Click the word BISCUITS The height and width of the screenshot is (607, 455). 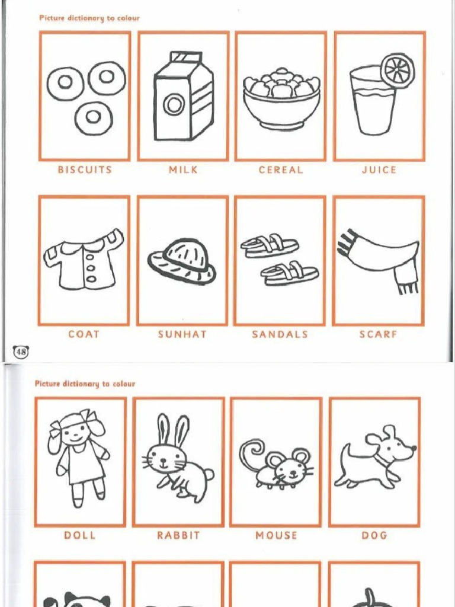pos(85,170)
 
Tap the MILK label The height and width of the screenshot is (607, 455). pos(183,170)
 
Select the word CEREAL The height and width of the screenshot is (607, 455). pos(281,170)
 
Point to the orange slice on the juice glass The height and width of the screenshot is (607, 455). pos(398,71)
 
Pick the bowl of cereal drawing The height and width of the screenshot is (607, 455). pos(281,100)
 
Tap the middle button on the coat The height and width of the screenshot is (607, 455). pos(91,267)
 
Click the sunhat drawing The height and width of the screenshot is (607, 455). pos(181,261)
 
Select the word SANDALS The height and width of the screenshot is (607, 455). pos(280,334)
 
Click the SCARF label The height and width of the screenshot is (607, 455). pos(378,334)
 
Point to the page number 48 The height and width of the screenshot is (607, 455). pos(21,352)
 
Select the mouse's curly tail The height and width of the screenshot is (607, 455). pos(251,453)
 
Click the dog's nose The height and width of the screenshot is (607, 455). pos(414,448)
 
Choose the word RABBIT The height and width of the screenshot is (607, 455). pos(178,535)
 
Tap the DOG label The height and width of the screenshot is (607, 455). pos(374,535)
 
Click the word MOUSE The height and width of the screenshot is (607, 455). pos(276,535)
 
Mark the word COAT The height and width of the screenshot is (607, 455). pos(84,334)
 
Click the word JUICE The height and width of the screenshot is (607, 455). pos(379,170)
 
